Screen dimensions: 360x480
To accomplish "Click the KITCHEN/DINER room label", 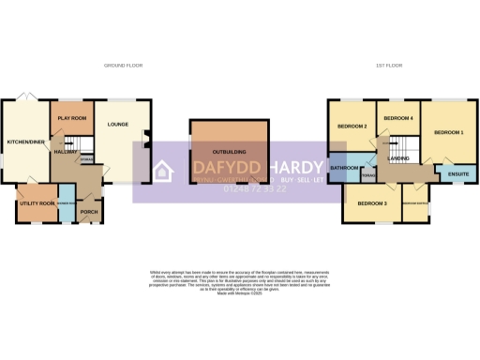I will pyautogui.click(x=25, y=142).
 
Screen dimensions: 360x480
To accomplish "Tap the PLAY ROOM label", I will pyautogui.click(x=71, y=118).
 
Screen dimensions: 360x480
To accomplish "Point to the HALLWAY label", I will pyautogui.click(x=65, y=151).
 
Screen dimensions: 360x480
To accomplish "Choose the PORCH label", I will pyautogui.click(x=90, y=212).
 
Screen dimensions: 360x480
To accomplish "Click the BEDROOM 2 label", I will pyautogui.click(x=352, y=126).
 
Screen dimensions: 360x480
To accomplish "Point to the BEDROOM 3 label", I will pyautogui.click(x=372, y=202).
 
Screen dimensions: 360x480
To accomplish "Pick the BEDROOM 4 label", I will pyautogui.click(x=399, y=118).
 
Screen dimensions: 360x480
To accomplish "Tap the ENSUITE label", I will pyautogui.click(x=458, y=174).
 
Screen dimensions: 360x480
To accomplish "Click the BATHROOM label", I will pyautogui.click(x=344, y=168).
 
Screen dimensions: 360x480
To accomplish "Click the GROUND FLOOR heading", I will pyautogui.click(x=122, y=65).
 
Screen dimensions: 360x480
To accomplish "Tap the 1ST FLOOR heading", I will pyautogui.click(x=383, y=65).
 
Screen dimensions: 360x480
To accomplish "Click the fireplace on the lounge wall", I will pyautogui.click(x=144, y=142).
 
